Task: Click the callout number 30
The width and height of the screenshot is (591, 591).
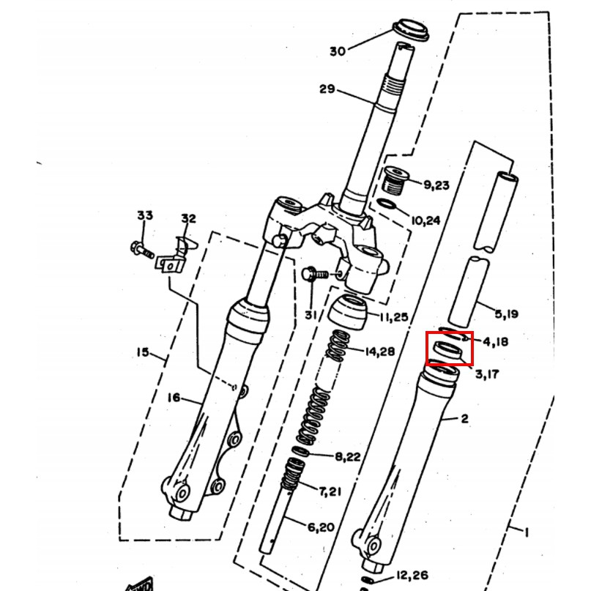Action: (x=338, y=51)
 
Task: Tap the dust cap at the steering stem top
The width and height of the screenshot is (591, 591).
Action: (x=410, y=29)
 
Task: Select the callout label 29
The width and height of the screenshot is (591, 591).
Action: (x=327, y=89)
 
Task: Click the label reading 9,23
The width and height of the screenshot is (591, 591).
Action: (x=436, y=185)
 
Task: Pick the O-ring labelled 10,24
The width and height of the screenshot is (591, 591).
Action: (x=387, y=204)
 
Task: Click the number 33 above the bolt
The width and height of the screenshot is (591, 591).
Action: (x=145, y=215)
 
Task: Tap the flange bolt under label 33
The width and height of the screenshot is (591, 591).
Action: (x=142, y=250)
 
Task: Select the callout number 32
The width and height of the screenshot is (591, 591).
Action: (x=188, y=218)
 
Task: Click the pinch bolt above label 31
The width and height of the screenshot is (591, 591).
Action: (x=316, y=274)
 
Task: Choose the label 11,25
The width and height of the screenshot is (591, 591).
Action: (x=393, y=317)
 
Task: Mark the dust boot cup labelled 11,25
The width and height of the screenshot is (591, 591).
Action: (x=349, y=312)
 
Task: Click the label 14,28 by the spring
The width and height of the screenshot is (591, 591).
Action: (x=380, y=352)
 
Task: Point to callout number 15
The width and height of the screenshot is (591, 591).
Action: (x=143, y=352)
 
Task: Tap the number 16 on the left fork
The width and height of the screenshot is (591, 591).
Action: (x=174, y=398)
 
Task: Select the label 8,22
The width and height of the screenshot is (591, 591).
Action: (x=348, y=457)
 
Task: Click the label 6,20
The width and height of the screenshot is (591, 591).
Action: (x=321, y=527)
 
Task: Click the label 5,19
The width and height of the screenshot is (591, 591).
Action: (x=506, y=313)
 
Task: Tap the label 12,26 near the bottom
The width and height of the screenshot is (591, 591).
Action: (x=412, y=575)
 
